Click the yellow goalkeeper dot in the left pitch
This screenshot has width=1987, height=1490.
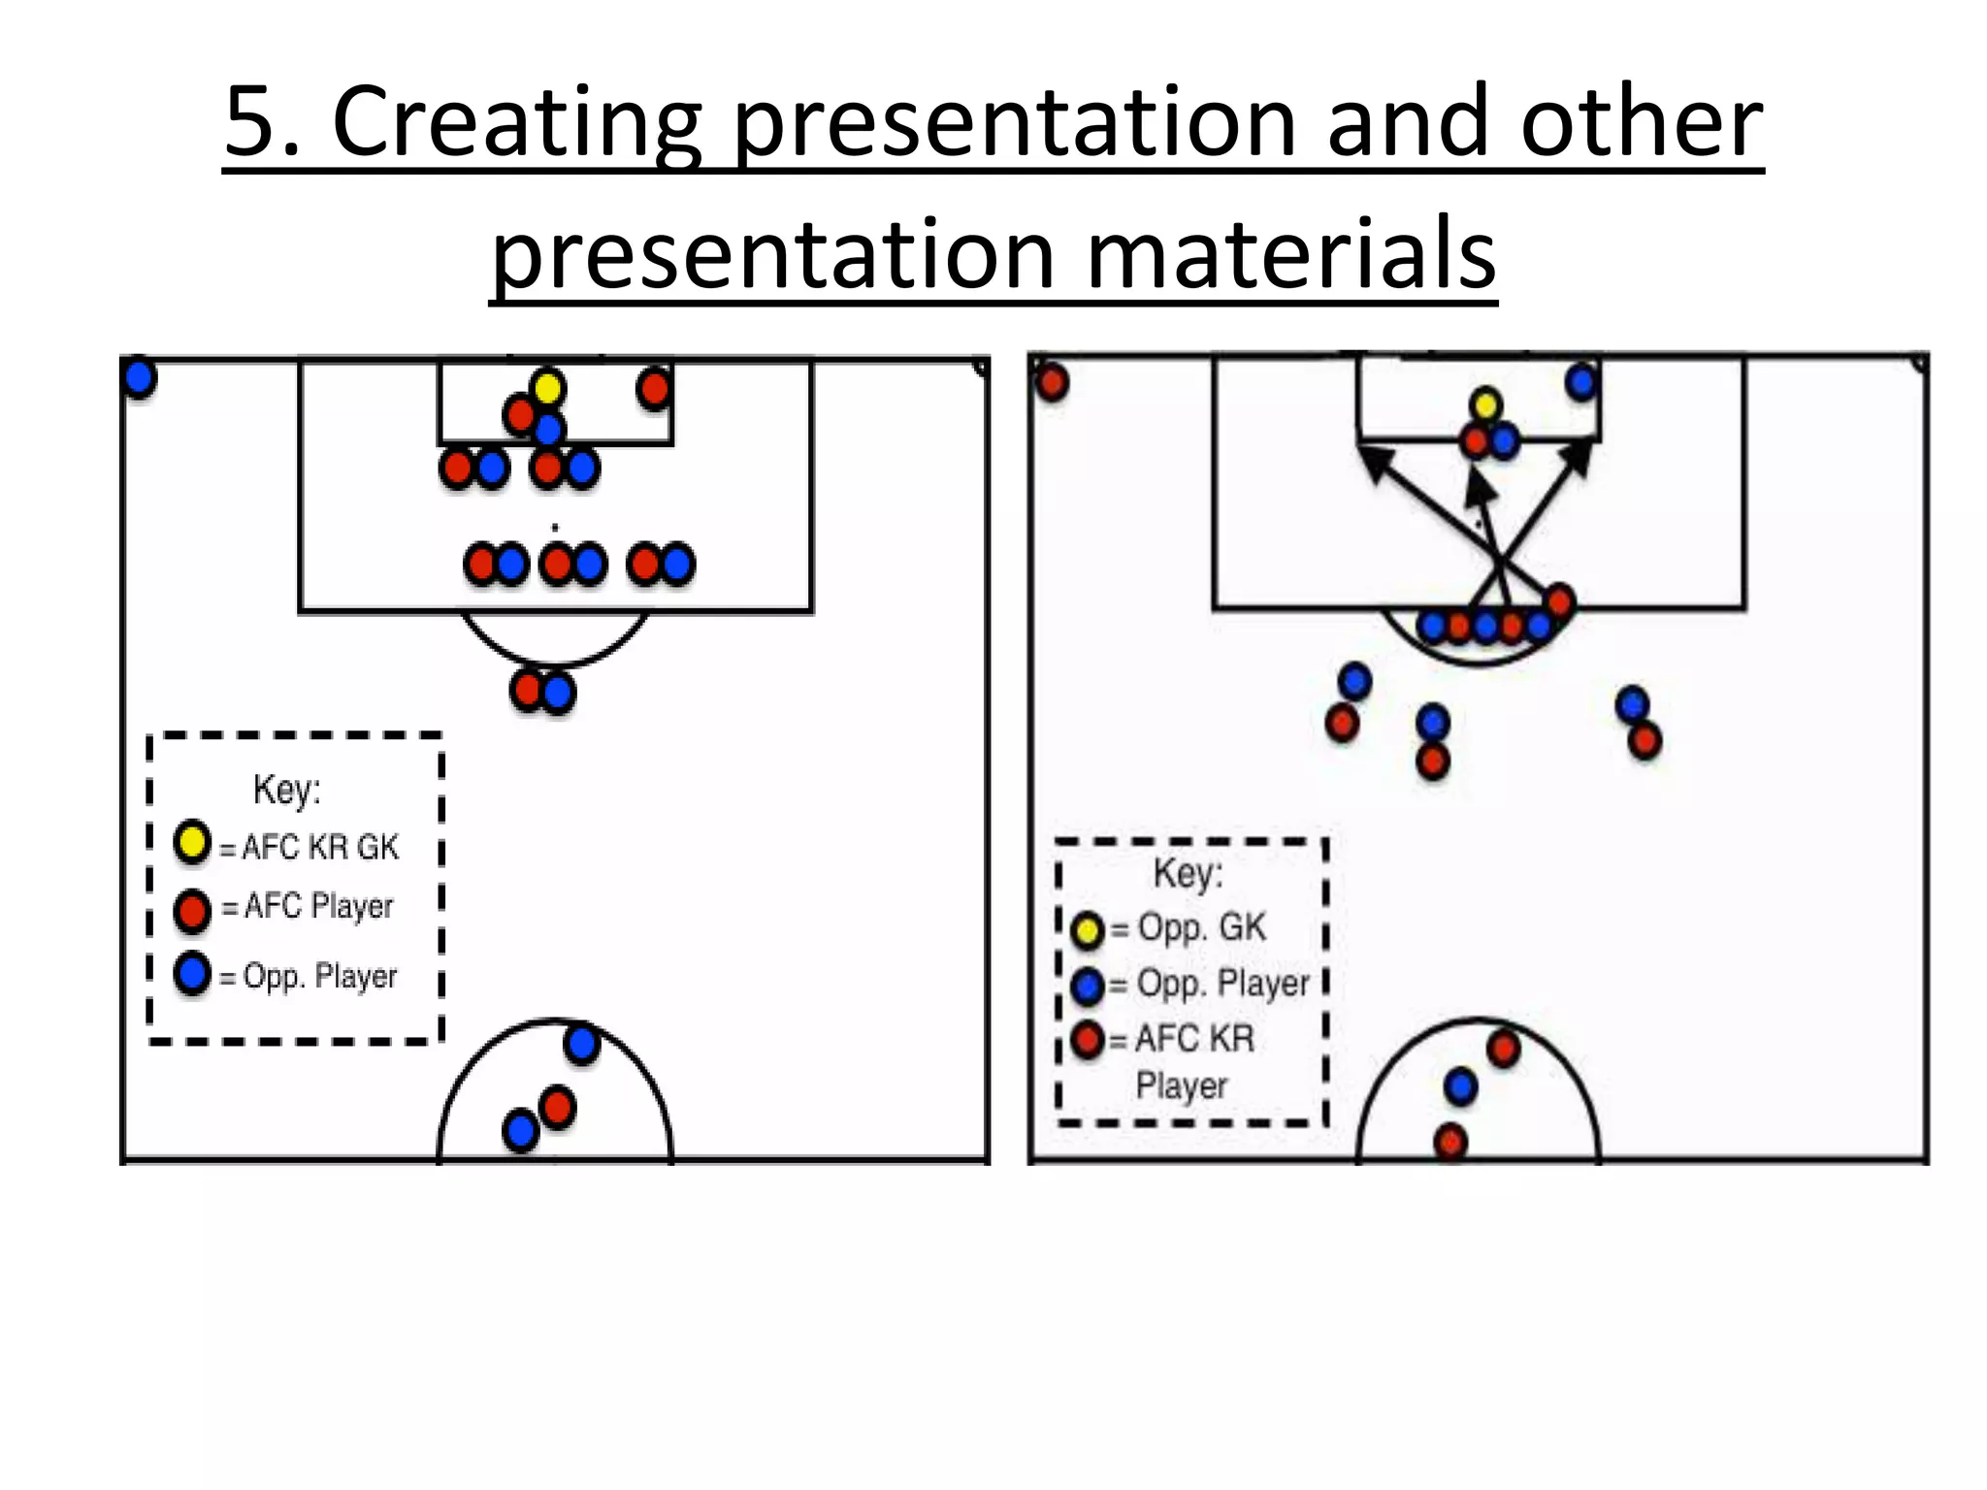(547, 388)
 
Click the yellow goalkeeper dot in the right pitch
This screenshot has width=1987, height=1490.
(1485, 405)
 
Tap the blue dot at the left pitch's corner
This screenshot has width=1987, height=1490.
(140, 377)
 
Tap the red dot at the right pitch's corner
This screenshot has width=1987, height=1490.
(1052, 381)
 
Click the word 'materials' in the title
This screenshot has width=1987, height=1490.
(1290, 253)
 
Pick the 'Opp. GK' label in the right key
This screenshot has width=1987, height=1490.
(1201, 927)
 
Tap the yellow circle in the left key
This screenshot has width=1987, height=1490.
(192, 842)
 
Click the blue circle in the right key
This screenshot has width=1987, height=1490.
(1088, 987)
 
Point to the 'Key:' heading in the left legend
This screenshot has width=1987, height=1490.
(286, 790)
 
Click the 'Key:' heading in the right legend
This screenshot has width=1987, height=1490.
(1188, 873)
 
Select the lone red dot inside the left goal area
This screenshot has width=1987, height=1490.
(654, 389)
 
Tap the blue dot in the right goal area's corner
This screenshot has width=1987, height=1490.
(1581, 382)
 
